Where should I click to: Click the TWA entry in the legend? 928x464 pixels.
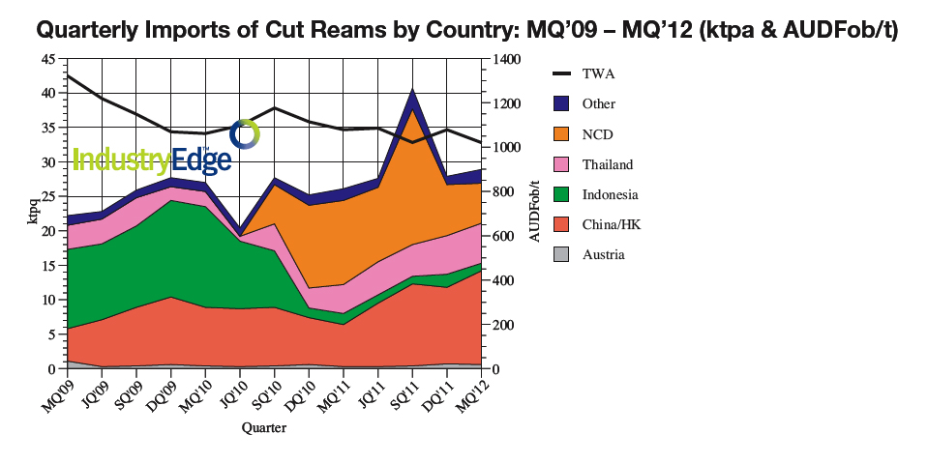pos(598,73)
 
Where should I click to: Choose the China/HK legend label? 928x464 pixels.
pos(609,224)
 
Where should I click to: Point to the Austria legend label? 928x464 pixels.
pos(603,254)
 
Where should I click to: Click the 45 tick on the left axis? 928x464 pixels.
pos(48,59)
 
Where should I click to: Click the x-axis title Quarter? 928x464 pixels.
pos(263,426)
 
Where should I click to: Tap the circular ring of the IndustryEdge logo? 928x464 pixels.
pos(246,134)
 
